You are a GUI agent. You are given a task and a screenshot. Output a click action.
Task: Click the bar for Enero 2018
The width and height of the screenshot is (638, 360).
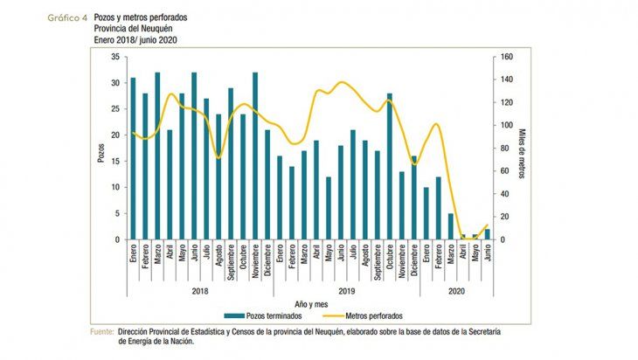click(x=132, y=158)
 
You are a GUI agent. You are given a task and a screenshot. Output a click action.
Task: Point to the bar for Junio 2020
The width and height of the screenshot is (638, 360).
click(x=487, y=234)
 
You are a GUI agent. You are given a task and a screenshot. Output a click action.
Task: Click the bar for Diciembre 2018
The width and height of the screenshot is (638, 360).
click(x=267, y=184)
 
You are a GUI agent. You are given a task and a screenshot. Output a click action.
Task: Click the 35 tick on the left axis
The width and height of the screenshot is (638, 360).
click(x=114, y=57)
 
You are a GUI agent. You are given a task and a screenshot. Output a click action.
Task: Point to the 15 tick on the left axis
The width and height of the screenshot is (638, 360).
click(x=114, y=162)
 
